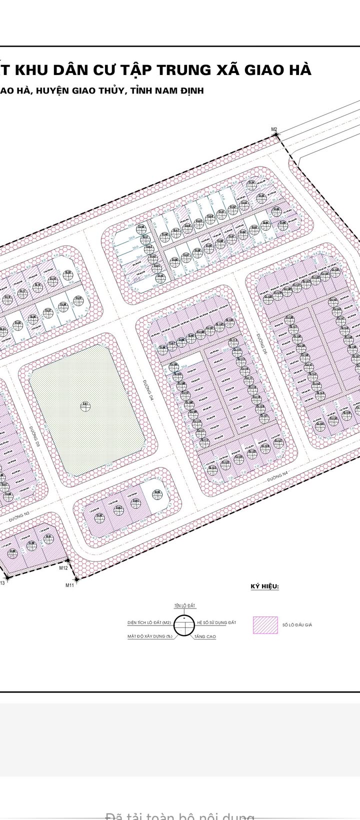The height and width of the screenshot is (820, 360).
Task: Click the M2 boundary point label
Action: point(274,129)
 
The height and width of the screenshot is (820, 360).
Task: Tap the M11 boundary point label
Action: point(69,584)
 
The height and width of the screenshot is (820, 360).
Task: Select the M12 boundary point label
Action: point(63,568)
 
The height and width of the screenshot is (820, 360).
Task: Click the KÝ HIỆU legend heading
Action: point(265,586)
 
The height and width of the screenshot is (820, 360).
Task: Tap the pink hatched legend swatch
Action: point(265,624)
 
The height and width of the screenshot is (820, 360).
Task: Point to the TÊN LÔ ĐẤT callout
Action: point(185,605)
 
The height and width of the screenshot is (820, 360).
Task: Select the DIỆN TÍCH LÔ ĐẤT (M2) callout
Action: point(149,623)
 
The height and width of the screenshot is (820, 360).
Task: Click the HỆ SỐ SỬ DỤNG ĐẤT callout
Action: point(216,622)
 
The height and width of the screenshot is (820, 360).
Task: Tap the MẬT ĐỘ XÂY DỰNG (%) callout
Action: point(149,636)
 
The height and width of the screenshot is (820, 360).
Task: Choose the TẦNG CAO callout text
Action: point(205,636)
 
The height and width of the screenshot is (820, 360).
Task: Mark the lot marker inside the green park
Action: point(85,405)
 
